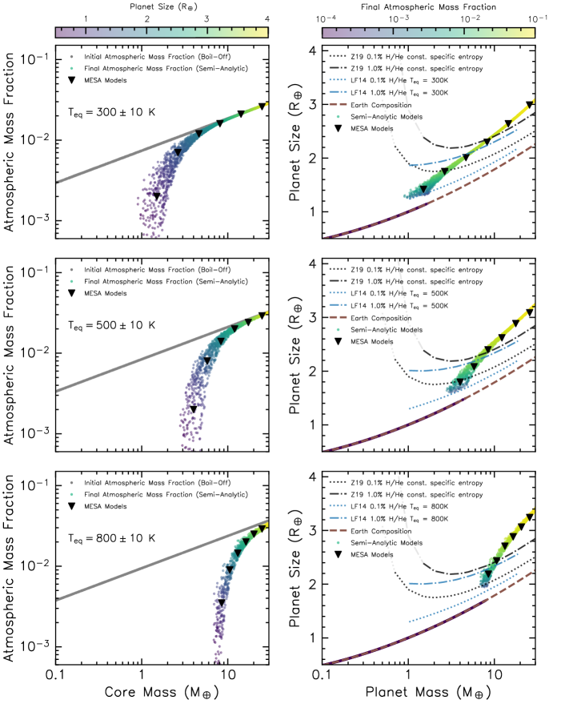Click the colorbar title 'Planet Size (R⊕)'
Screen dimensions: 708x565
pos(161,6)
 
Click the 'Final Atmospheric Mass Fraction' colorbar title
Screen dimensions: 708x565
pos(428,6)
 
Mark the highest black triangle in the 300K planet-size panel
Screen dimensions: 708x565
pos(530,105)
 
